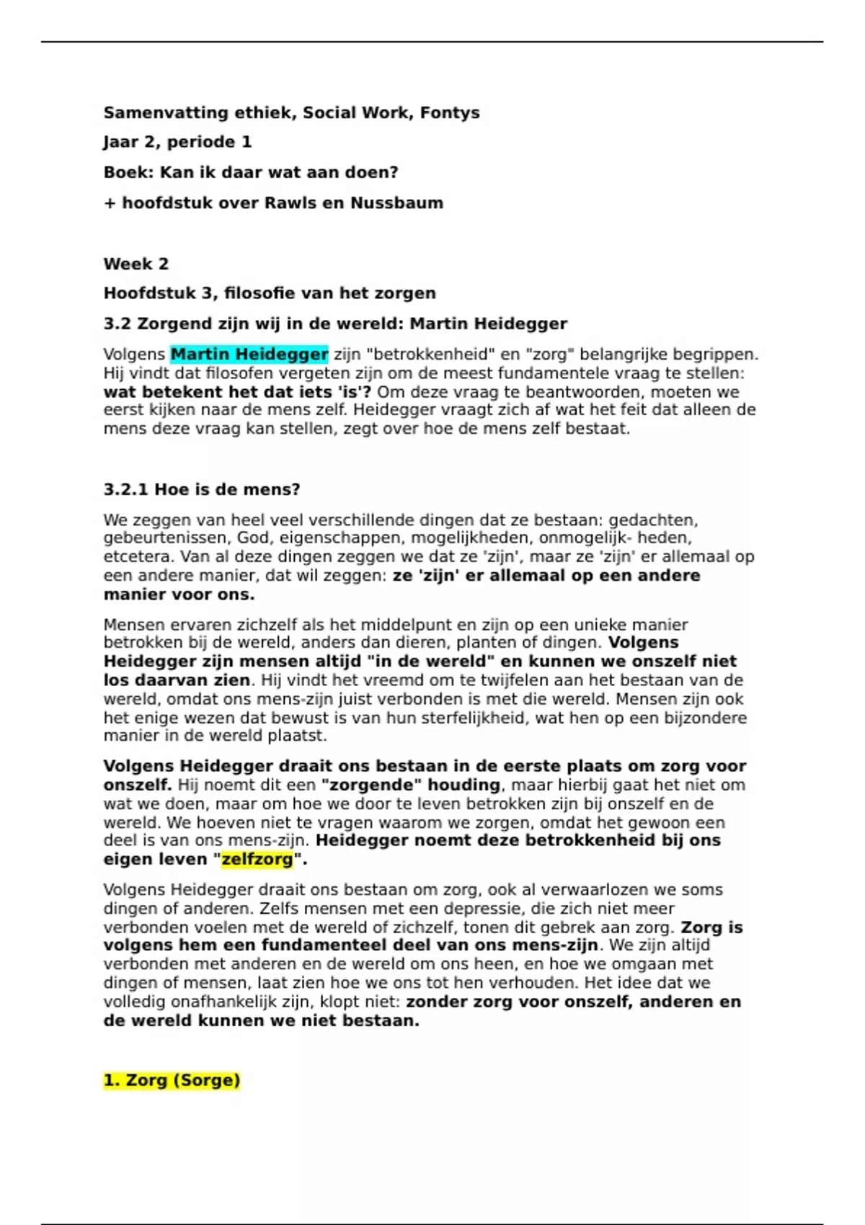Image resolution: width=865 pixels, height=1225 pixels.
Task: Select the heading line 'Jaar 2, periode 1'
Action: point(177,142)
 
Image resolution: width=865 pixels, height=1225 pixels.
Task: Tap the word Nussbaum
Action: point(396,203)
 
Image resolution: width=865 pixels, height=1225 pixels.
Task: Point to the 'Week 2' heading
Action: point(136,264)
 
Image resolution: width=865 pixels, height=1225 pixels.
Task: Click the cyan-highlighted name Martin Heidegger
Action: point(249,355)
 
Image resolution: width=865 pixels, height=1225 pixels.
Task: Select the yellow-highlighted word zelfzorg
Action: point(257,860)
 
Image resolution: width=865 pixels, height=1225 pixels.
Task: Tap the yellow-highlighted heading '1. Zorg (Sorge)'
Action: point(172,1081)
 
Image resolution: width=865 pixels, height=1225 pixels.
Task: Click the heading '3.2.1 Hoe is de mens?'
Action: point(201,490)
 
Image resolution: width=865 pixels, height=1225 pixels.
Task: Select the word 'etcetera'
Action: point(138,557)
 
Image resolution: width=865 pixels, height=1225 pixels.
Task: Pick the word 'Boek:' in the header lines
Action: point(128,173)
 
